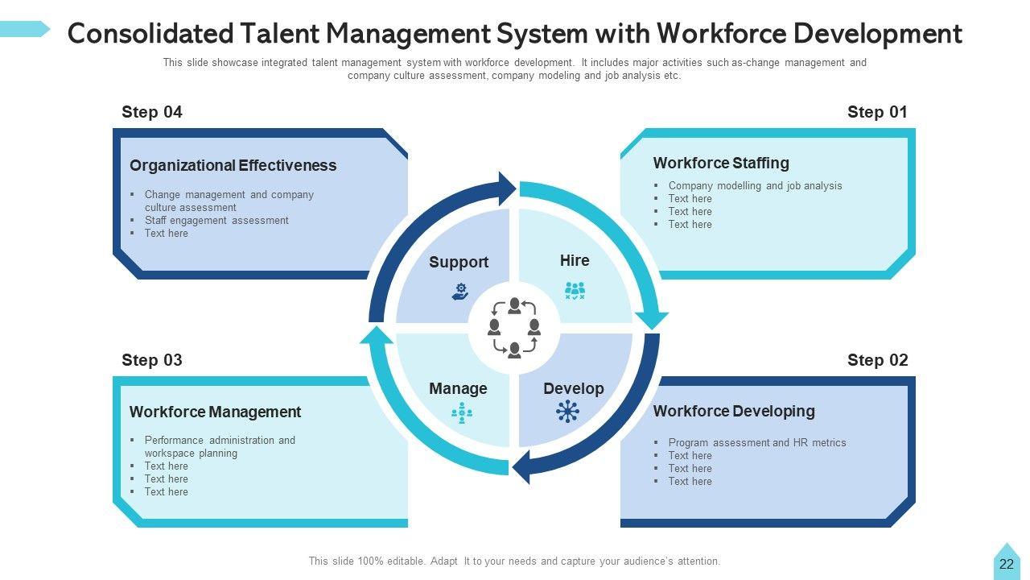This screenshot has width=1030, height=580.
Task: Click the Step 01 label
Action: [877, 113]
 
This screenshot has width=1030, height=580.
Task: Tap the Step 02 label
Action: [877, 361]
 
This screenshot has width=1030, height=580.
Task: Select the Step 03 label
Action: [152, 361]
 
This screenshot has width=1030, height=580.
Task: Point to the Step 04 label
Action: [152, 113]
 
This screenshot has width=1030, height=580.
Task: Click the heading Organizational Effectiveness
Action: [233, 166]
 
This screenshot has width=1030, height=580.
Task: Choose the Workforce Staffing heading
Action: [721, 164]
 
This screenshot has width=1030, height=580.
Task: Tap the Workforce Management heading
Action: [215, 412]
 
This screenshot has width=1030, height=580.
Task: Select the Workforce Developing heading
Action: [734, 412]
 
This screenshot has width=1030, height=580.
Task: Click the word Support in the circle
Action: [459, 263]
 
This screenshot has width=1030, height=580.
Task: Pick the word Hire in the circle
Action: [575, 261]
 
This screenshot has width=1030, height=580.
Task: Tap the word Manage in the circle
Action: [458, 389]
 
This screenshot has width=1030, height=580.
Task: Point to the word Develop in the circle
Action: [573, 389]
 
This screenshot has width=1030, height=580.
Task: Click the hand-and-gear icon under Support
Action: [460, 292]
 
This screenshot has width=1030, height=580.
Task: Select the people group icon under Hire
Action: [575, 291]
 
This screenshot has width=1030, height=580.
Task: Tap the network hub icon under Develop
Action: [567, 412]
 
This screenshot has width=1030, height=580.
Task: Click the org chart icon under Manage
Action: [461, 413]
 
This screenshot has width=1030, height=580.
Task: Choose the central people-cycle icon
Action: [514, 328]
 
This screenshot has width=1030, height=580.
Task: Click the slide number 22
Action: [1007, 565]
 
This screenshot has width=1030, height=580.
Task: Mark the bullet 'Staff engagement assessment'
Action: [216, 221]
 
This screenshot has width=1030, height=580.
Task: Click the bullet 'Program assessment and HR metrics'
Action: [757, 443]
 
